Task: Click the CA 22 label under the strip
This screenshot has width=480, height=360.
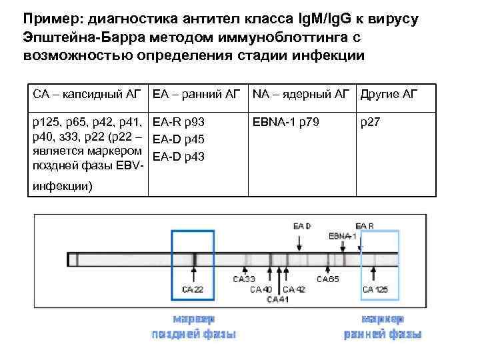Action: point(193,289)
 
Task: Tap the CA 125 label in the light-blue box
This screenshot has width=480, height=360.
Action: point(375,289)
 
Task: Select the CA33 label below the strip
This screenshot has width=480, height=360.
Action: point(244,279)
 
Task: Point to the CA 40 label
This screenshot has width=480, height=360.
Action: point(261,289)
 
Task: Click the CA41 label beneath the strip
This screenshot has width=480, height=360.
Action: point(277,299)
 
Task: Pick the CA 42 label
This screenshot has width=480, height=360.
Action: point(294,289)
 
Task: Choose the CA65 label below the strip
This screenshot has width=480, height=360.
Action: point(327,279)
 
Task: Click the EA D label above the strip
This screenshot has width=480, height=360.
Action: point(302,227)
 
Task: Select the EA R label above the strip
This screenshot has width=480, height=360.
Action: point(365,227)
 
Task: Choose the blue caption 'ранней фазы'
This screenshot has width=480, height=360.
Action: point(383,334)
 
